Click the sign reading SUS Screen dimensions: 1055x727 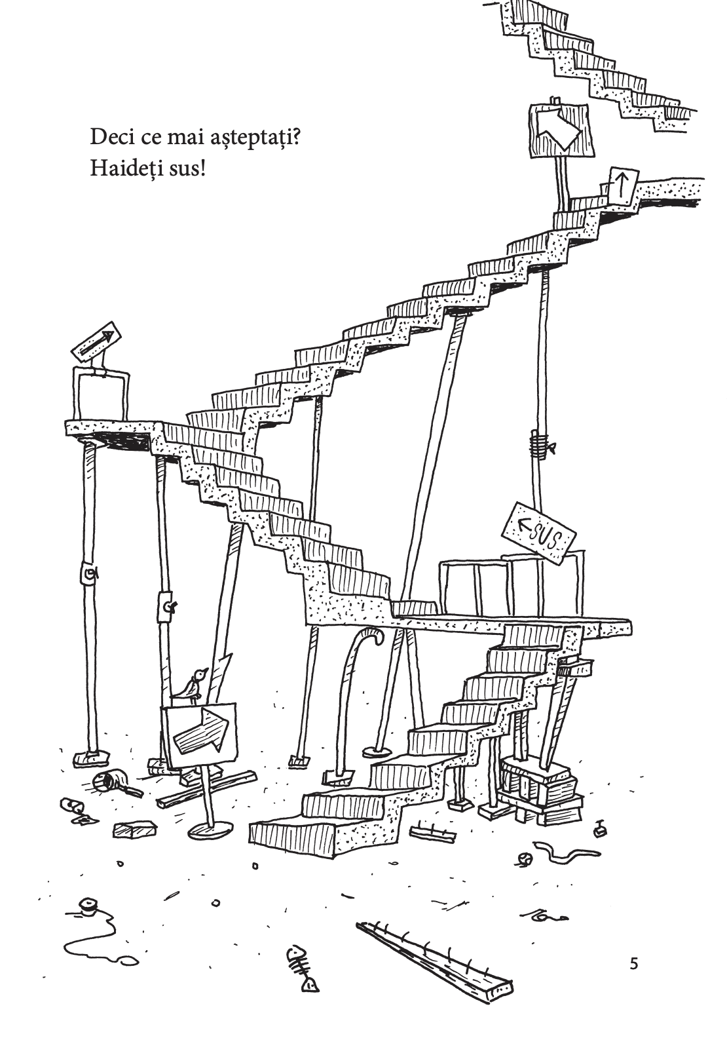coord(538,533)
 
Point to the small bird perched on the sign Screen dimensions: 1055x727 coord(194,685)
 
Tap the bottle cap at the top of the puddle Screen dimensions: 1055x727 coord(86,904)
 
